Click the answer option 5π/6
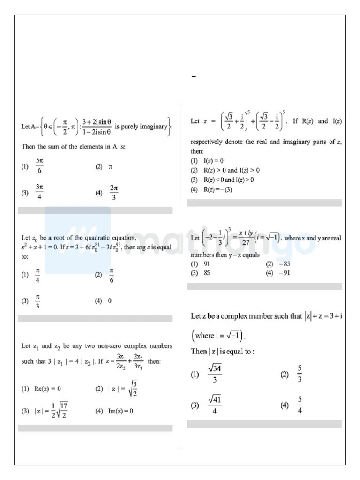tap(39, 166)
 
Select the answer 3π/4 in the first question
tap(39, 192)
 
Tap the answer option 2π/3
tap(113, 192)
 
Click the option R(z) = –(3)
tap(215, 189)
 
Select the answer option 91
tap(206, 264)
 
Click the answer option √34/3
tap(215, 374)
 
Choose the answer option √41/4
tap(215, 405)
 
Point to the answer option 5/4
tap(299, 405)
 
